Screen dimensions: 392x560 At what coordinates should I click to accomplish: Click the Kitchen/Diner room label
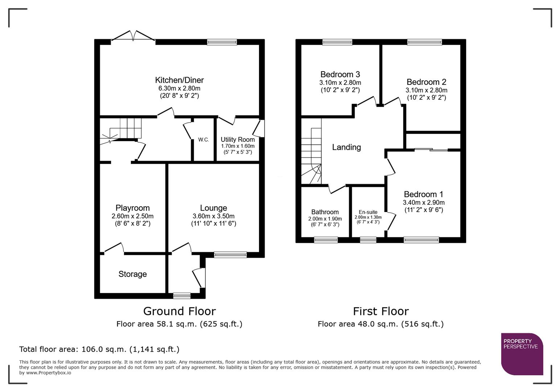(x=179, y=80)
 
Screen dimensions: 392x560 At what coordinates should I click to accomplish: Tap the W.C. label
(x=203, y=140)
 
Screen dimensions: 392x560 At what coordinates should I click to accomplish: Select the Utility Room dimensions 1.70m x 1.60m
(x=238, y=146)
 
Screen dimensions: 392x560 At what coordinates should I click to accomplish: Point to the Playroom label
(x=132, y=208)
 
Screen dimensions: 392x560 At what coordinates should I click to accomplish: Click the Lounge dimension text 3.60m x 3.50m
(x=213, y=216)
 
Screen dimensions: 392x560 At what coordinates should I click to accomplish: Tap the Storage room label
(x=132, y=274)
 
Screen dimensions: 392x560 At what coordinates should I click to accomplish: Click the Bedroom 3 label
(x=340, y=74)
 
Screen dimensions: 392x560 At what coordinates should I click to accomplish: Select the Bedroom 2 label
(x=426, y=82)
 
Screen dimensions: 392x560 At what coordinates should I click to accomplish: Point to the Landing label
(x=346, y=147)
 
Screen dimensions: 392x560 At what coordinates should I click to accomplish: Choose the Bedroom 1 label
(x=423, y=194)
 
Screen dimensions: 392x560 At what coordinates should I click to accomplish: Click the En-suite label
(x=368, y=212)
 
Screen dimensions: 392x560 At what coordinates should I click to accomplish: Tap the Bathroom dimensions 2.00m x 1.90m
(x=325, y=219)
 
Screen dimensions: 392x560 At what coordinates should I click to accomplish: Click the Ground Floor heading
(x=179, y=311)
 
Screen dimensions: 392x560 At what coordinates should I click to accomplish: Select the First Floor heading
(x=380, y=311)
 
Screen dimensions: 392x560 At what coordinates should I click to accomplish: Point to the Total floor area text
(x=99, y=349)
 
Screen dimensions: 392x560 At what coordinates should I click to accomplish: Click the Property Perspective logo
(x=522, y=354)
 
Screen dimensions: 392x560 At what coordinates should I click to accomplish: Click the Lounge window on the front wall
(x=230, y=255)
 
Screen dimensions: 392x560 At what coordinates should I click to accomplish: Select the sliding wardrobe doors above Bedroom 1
(x=431, y=150)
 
